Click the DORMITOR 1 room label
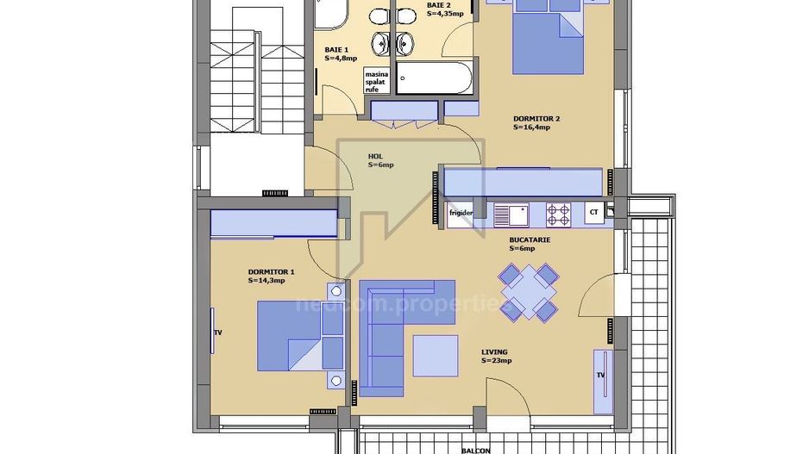pyautogui.click(x=266, y=276)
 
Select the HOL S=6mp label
pyautogui.click(x=380, y=160)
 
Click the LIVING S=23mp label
pyautogui.click(x=496, y=356)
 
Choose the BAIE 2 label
pyautogui.click(x=444, y=9)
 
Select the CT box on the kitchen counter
pyautogui.click(x=593, y=212)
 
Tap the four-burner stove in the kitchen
pyautogui.click(x=558, y=212)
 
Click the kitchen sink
pyautogui.click(x=516, y=212)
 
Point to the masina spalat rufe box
pyautogui.click(x=376, y=81)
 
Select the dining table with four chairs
pyautogui.click(x=528, y=292)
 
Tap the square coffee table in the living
pyautogui.click(x=435, y=355)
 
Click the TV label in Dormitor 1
pyautogui.click(x=218, y=333)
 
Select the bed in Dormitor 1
pyautogui.click(x=302, y=336)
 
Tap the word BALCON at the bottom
pyautogui.click(x=475, y=450)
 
